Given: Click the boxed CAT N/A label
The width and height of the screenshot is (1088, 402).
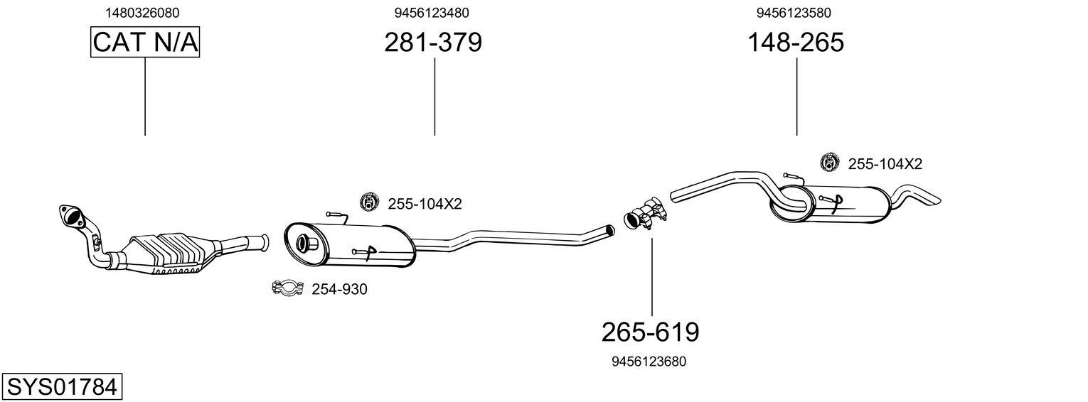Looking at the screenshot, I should (x=145, y=43).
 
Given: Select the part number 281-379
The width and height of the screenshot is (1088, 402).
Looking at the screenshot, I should (x=433, y=43).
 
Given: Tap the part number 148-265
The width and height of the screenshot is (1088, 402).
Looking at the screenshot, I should (x=795, y=43).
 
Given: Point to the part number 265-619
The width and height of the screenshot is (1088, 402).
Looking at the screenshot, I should (x=650, y=332).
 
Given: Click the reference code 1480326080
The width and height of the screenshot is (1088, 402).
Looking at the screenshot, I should (x=142, y=13).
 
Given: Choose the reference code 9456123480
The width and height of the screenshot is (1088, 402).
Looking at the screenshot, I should (x=432, y=13).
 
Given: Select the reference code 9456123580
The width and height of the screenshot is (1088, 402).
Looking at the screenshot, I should (x=794, y=13).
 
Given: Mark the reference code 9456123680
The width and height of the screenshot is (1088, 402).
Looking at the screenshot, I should (x=649, y=362).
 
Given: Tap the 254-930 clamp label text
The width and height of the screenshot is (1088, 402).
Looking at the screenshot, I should (x=339, y=289).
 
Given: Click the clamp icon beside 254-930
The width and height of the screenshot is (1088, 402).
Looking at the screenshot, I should (x=288, y=288).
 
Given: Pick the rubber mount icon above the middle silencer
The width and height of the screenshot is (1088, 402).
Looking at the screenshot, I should (x=369, y=202).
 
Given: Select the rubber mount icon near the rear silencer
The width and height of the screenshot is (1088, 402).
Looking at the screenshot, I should (x=829, y=163).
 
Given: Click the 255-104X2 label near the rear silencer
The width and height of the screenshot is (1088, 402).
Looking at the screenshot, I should (x=885, y=164).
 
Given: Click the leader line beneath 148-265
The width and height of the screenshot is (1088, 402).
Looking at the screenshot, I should (x=796, y=96).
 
